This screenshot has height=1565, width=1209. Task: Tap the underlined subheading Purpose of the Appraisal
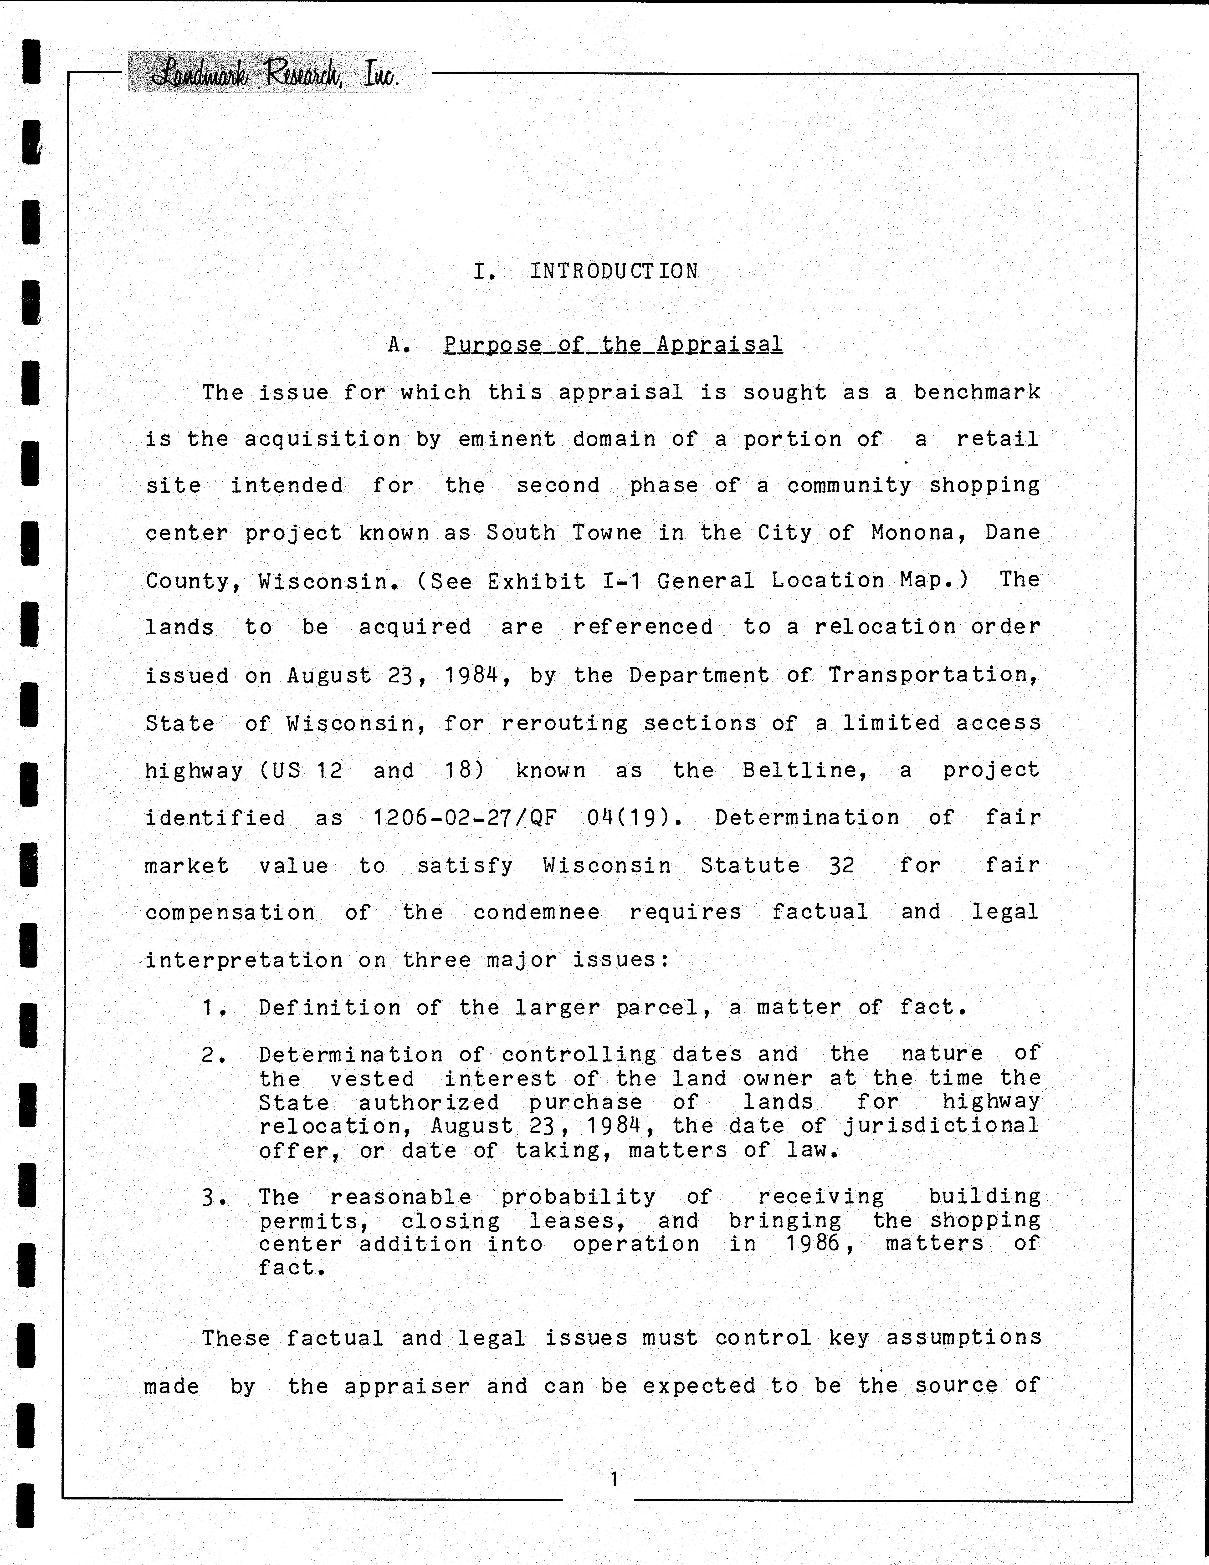(x=613, y=345)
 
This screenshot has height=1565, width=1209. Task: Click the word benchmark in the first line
(x=977, y=393)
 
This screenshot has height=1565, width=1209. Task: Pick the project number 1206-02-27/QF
(x=464, y=818)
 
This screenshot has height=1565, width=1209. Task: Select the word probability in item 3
(x=578, y=1197)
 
